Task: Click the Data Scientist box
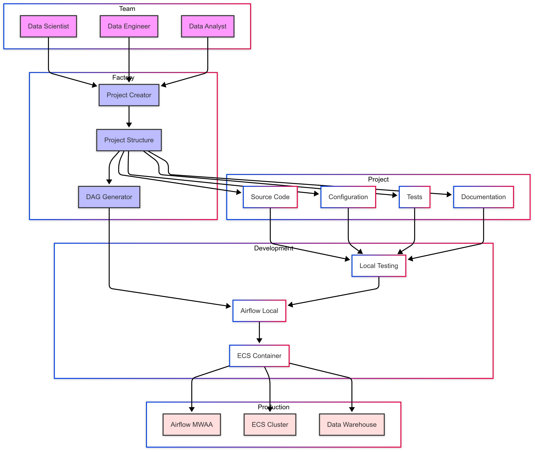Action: pyautogui.click(x=48, y=26)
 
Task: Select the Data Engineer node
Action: pyautogui.click(x=129, y=26)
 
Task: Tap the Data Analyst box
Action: pyautogui.click(x=208, y=26)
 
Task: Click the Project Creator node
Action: pyautogui.click(x=129, y=95)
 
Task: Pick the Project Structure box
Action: pyautogui.click(x=129, y=140)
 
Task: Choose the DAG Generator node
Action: pyautogui.click(x=109, y=197)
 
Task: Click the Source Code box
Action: pyautogui.click(x=270, y=197)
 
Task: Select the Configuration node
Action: pyautogui.click(x=348, y=197)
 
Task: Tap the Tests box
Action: pyautogui.click(x=414, y=197)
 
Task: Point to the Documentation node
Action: pyautogui.click(x=483, y=197)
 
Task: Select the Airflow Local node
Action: pyautogui.click(x=259, y=311)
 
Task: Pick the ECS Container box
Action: pyautogui.click(x=259, y=356)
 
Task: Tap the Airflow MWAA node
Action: pyautogui.click(x=192, y=425)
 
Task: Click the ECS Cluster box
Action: pyautogui.click(x=270, y=425)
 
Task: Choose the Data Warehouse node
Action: pyautogui.click(x=352, y=425)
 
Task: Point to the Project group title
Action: pyautogui.click(x=378, y=179)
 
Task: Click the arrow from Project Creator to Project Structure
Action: pyautogui.click(x=129, y=117)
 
